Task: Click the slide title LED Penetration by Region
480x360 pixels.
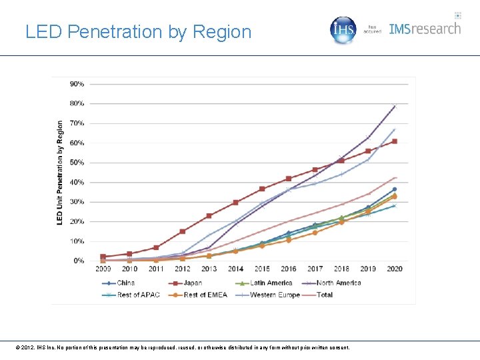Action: pos(138,31)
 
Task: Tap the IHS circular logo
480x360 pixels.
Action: pos(344,30)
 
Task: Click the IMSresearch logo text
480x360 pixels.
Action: pos(425,29)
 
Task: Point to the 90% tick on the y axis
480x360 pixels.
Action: pos(77,84)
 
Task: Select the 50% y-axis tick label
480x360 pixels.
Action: pos(77,163)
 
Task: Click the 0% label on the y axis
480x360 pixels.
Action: pos(79,261)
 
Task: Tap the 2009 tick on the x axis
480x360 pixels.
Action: pos(103,269)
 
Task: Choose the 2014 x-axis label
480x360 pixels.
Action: pos(235,269)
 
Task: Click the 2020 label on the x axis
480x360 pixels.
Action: pos(395,269)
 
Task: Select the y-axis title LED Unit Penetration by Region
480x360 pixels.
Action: pos(60,172)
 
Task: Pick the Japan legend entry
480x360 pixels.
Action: pos(192,283)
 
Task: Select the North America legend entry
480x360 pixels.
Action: pos(337,283)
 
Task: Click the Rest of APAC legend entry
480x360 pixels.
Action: pos(135,295)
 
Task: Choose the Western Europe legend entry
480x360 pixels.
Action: pos(273,295)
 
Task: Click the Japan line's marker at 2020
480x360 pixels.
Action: pos(395,141)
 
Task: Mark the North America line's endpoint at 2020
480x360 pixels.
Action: pos(395,106)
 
